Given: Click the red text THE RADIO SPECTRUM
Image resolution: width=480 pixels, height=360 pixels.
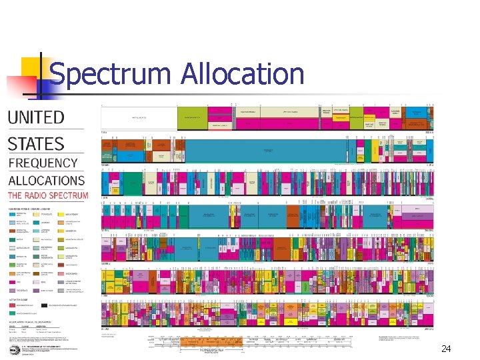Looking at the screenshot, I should (47, 196).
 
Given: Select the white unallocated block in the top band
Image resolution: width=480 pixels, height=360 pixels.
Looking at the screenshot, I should (138, 117).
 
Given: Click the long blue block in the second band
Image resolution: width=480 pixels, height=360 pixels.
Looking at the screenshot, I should (267, 150).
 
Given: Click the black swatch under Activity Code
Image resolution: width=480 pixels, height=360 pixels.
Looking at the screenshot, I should (44, 305).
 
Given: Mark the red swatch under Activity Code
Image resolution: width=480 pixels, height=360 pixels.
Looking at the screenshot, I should (13, 305).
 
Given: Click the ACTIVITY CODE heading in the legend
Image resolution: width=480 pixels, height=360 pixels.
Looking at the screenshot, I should (19, 300).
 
